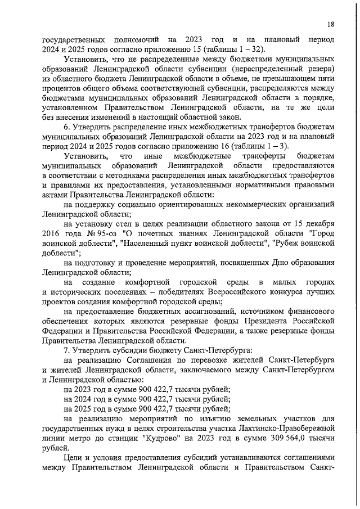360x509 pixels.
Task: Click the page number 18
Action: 331,24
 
